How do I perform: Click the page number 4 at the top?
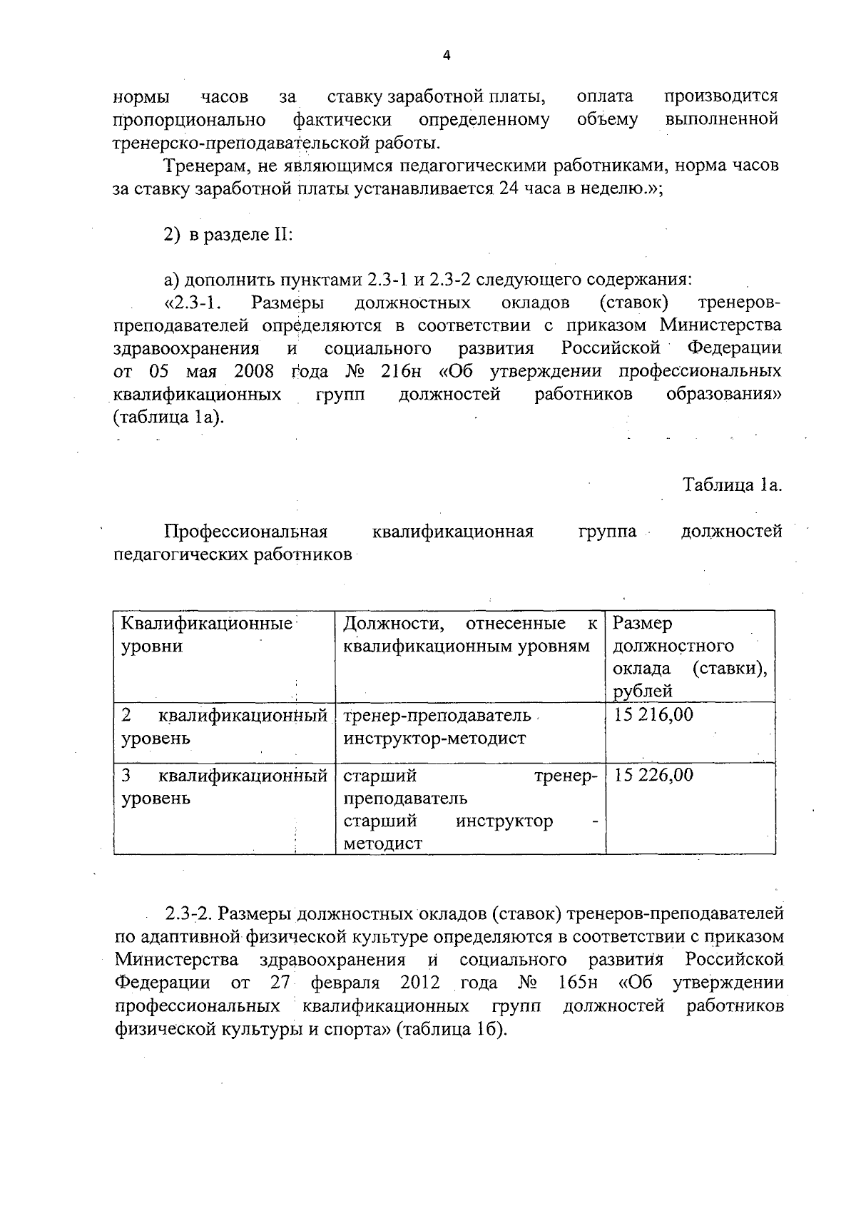(x=447, y=56)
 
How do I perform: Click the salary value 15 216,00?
(x=653, y=715)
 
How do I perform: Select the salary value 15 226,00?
(x=653, y=775)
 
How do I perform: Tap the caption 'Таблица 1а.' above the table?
(x=733, y=485)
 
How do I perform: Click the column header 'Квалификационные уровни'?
(x=207, y=635)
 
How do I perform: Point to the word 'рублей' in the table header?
(x=643, y=691)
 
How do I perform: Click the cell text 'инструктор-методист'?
(x=434, y=738)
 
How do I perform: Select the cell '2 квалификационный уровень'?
(x=223, y=726)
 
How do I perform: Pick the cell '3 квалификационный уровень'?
(x=223, y=786)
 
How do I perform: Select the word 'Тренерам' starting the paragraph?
(x=205, y=166)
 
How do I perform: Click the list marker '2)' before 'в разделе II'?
(x=172, y=235)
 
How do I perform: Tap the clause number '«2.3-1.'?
(x=193, y=303)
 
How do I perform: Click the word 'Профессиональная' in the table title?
(x=245, y=531)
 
